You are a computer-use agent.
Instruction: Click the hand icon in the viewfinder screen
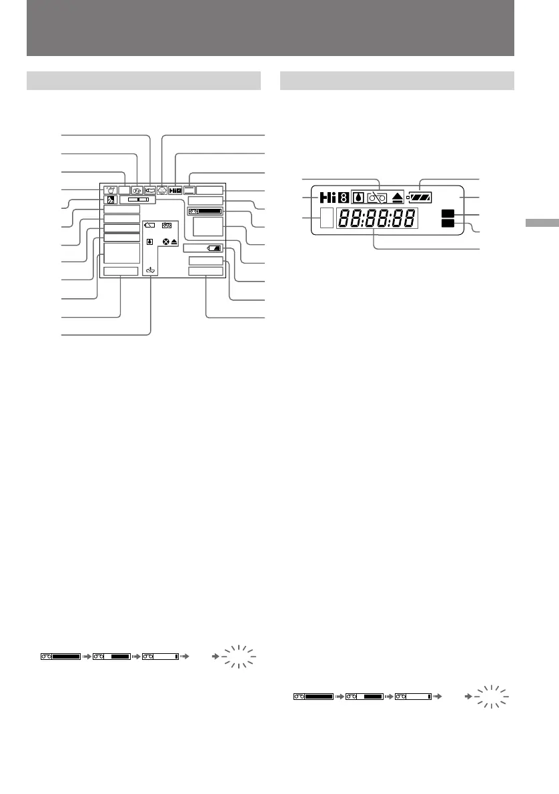point(110,189)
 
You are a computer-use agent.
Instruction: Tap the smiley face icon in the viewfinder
point(161,189)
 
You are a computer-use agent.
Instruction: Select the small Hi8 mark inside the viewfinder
point(175,189)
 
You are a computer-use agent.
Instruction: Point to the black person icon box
point(109,200)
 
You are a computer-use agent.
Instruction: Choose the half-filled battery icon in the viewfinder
point(213,248)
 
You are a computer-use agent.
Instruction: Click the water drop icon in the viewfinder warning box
point(150,242)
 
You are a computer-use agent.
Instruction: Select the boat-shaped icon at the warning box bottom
point(151,271)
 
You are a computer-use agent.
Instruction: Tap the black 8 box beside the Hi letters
point(342,198)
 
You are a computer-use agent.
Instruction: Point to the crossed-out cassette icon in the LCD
point(378,198)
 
